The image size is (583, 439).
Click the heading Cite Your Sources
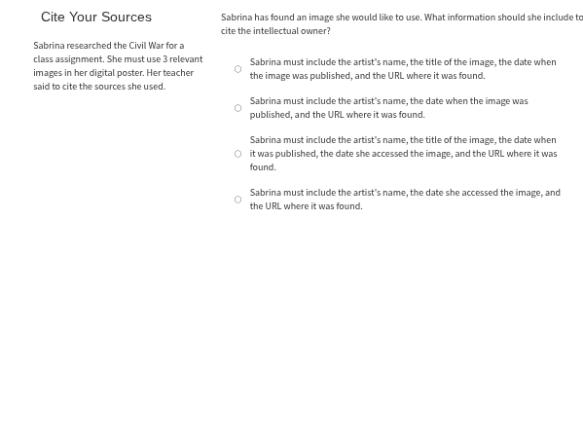pyautogui.click(x=95, y=17)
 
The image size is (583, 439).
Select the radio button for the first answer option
pyautogui.click(x=237, y=69)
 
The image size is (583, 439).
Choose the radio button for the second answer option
pyautogui.click(x=237, y=108)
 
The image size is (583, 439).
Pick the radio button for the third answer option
pyautogui.click(x=237, y=154)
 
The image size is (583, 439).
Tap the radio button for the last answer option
pyautogui.click(x=237, y=200)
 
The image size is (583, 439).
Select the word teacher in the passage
pyautogui.click(x=178, y=73)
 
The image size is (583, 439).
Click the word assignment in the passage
pyautogui.click(x=79, y=59)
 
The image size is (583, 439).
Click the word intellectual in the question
pyautogui.click(x=273, y=31)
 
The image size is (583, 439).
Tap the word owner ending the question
pyautogui.click(x=315, y=31)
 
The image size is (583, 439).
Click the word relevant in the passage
pyautogui.click(x=186, y=59)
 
